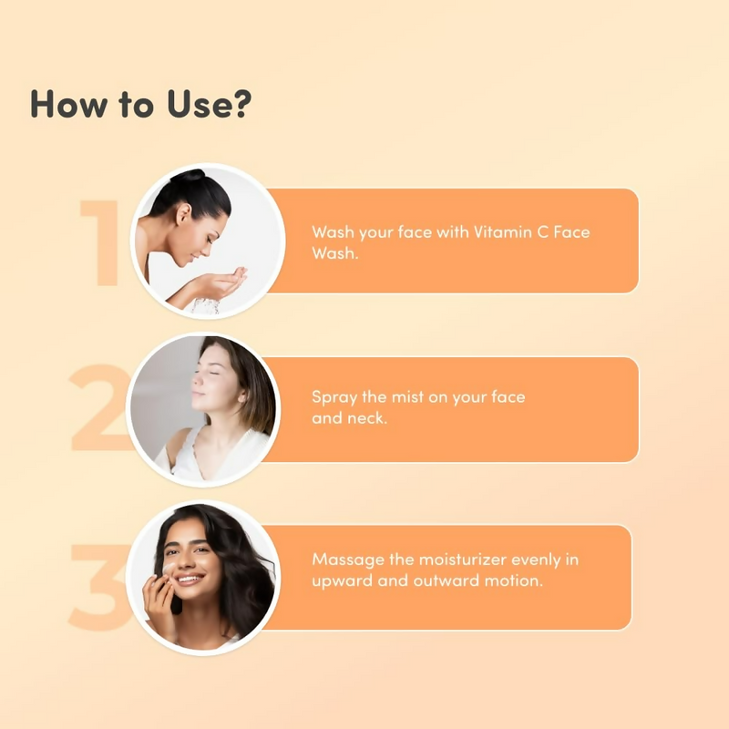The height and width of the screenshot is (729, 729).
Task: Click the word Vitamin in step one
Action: coord(500,231)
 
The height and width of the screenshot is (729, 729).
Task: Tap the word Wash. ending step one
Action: coord(334,253)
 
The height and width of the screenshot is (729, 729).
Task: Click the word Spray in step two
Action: coord(334,398)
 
